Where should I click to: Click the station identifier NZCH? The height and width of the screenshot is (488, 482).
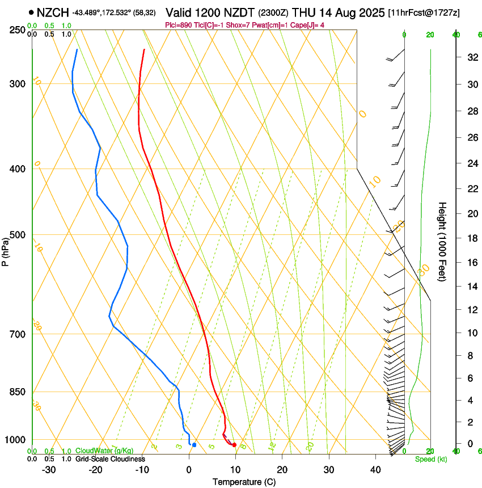[x=53, y=12]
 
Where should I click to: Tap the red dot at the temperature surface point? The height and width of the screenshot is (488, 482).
[x=234, y=445]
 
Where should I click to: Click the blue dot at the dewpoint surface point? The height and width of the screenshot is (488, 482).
[x=194, y=445]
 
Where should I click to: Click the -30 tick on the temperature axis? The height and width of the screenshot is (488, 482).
[x=49, y=470]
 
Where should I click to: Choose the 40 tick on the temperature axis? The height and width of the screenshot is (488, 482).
[x=375, y=470]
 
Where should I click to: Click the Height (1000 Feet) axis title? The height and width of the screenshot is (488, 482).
[x=442, y=241]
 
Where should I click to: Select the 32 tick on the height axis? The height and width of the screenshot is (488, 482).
[x=470, y=57]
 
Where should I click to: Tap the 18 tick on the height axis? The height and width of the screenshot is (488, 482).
[x=470, y=238]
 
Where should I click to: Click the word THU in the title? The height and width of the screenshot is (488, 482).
[x=303, y=12]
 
